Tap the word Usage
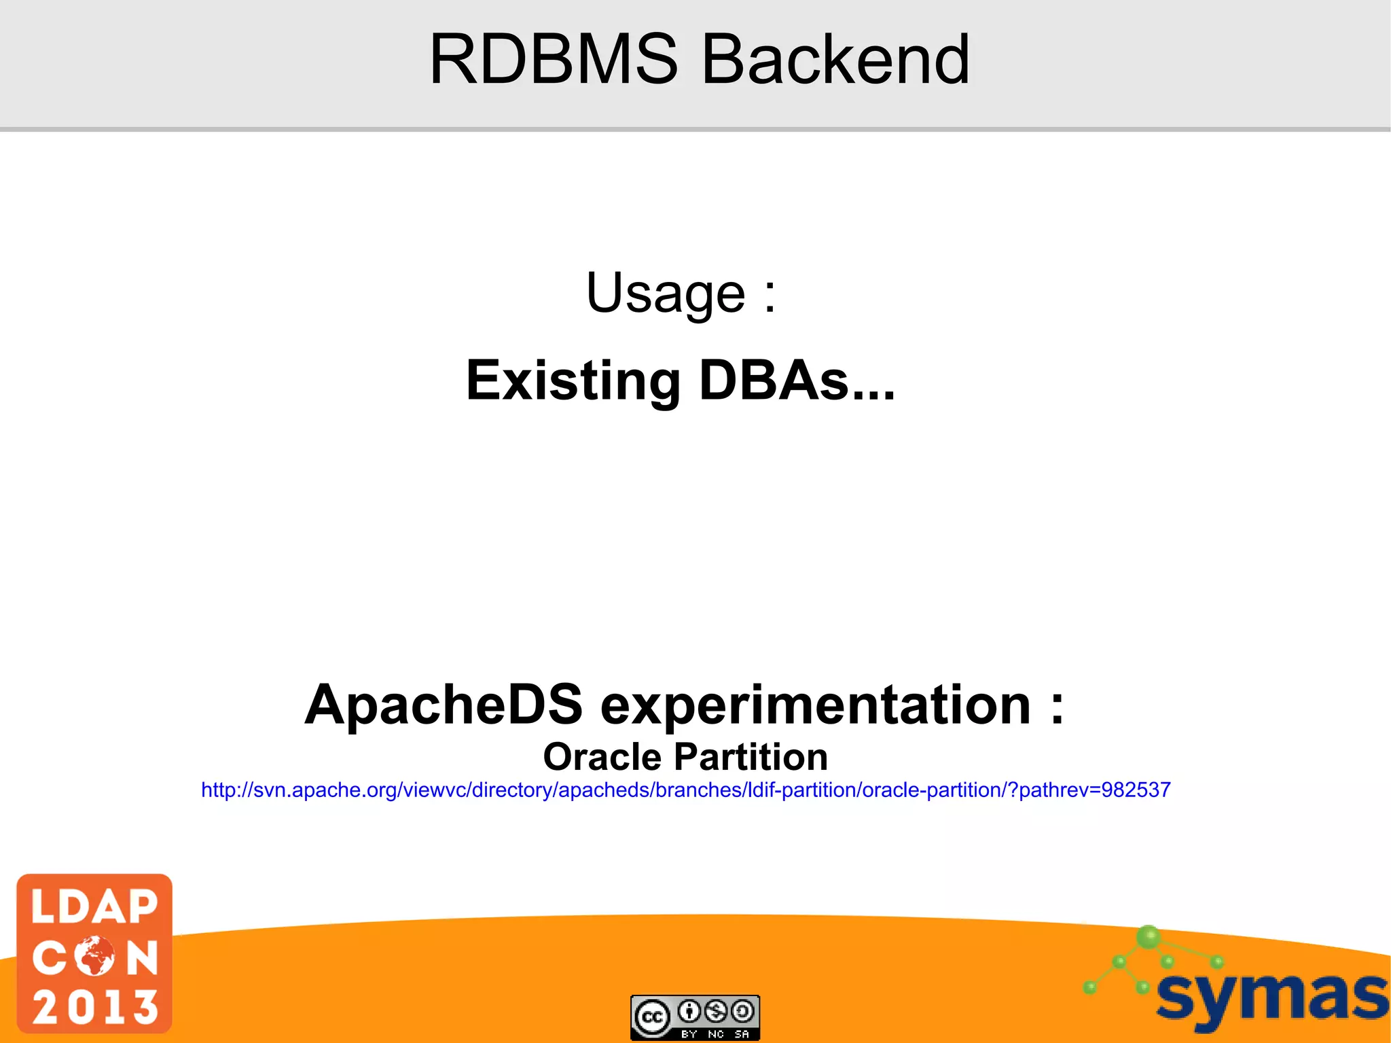(666, 294)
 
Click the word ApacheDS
(444, 705)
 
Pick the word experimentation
(815, 705)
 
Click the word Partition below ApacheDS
(751, 757)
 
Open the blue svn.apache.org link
(685, 790)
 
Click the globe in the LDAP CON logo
(95, 956)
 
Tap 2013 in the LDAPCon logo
(95, 1006)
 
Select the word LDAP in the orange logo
(95, 907)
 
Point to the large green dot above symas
(1149, 937)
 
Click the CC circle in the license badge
(652, 1017)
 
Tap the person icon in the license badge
(689, 1012)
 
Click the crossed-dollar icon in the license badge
(716, 1012)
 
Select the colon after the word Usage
(770, 296)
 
